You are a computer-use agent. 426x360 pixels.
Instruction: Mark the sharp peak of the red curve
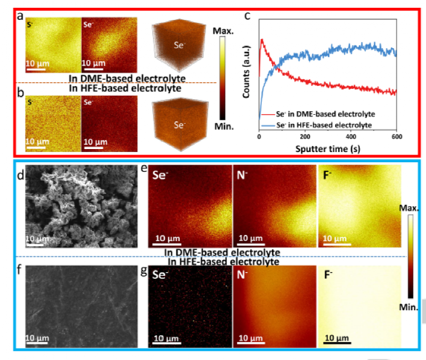(262, 40)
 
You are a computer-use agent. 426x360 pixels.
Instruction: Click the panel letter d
(20, 176)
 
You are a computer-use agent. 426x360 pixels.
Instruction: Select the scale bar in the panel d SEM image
(34, 245)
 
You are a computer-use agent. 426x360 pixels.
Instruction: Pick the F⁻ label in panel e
(330, 178)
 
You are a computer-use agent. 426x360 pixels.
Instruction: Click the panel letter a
(20, 16)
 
